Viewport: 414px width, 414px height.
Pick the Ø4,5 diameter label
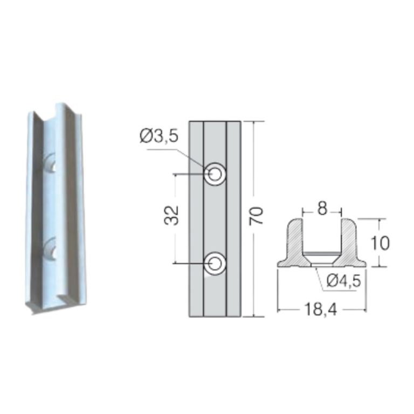point(343,280)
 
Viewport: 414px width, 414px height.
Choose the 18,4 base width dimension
point(321,309)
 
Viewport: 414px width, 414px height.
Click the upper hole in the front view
point(215,174)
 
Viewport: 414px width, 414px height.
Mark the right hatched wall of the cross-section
point(351,240)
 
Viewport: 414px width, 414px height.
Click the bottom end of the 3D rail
point(51,306)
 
